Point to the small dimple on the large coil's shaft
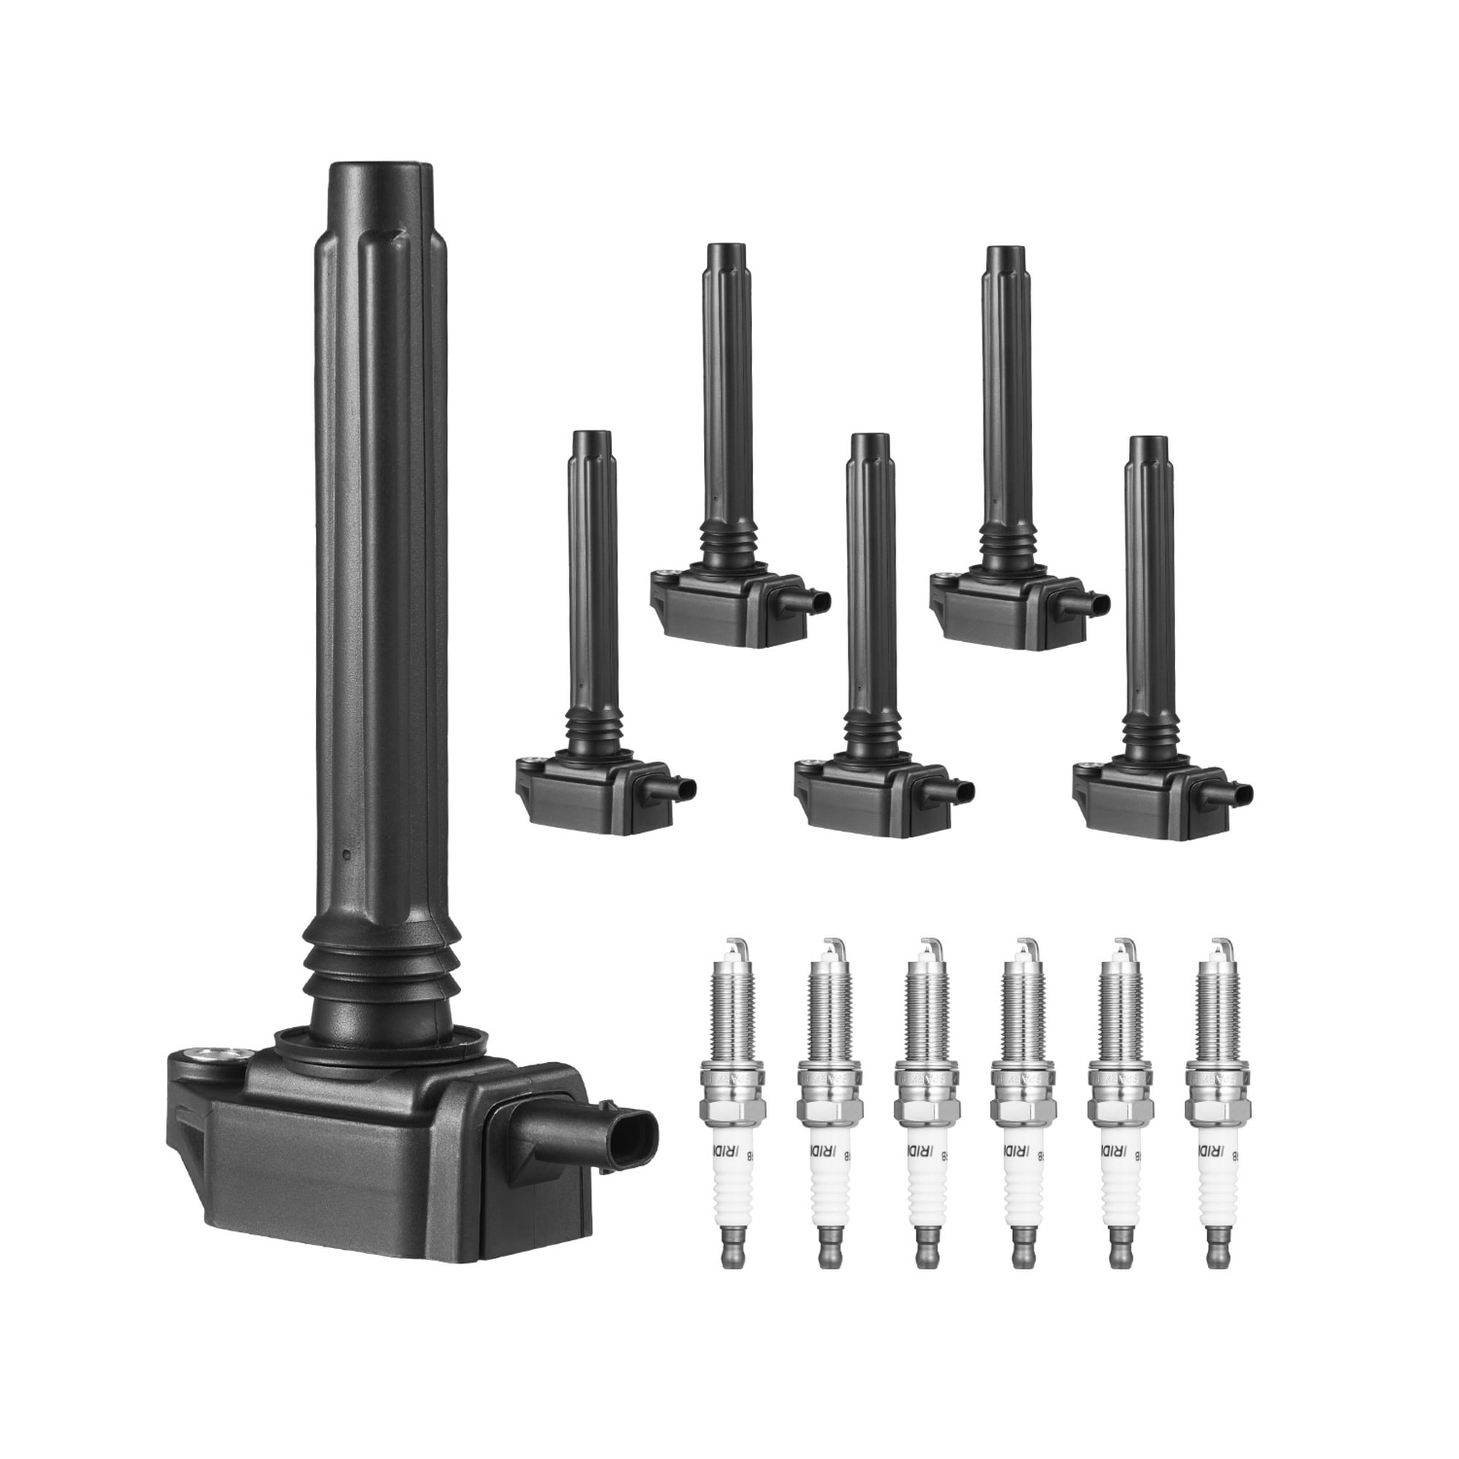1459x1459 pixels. click(344, 855)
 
